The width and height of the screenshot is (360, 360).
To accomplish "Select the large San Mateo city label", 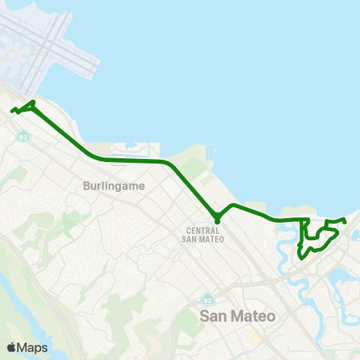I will click(238, 316).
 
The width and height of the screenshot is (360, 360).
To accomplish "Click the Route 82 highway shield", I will click(23, 137).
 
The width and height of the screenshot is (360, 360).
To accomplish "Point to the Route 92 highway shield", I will click(207, 299).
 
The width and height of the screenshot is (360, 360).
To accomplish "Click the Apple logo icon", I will click(11, 347).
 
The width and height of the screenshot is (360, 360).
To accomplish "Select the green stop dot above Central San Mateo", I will click(217, 220).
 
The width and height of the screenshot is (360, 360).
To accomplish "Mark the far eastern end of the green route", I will click(344, 221).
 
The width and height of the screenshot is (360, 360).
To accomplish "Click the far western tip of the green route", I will click(12, 112).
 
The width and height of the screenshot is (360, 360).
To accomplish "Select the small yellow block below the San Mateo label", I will click(255, 335).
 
